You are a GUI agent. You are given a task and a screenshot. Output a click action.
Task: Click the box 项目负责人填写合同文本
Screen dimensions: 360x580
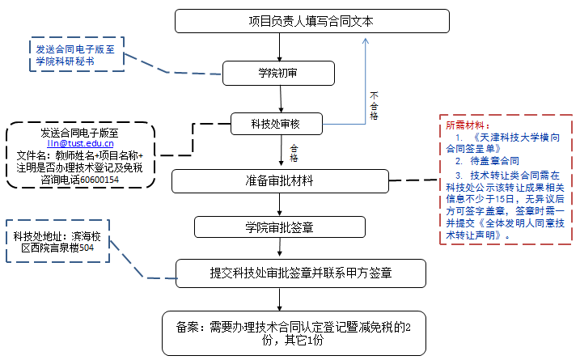pyautogui.click(x=311, y=21)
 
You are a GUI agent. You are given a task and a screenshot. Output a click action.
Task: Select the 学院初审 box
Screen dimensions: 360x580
pyautogui.click(x=278, y=73)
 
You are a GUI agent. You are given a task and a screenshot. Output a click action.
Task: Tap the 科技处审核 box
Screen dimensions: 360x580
pyautogui.click(x=277, y=124)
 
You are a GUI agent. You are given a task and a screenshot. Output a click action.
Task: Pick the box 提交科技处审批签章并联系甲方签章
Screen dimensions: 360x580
pyautogui.click(x=290, y=272)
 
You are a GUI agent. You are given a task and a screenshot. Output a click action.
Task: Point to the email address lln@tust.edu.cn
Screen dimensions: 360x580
pyautogui.click(x=80, y=143)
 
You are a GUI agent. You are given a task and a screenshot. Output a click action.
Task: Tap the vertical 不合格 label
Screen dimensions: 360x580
pyautogui.click(x=374, y=104)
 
